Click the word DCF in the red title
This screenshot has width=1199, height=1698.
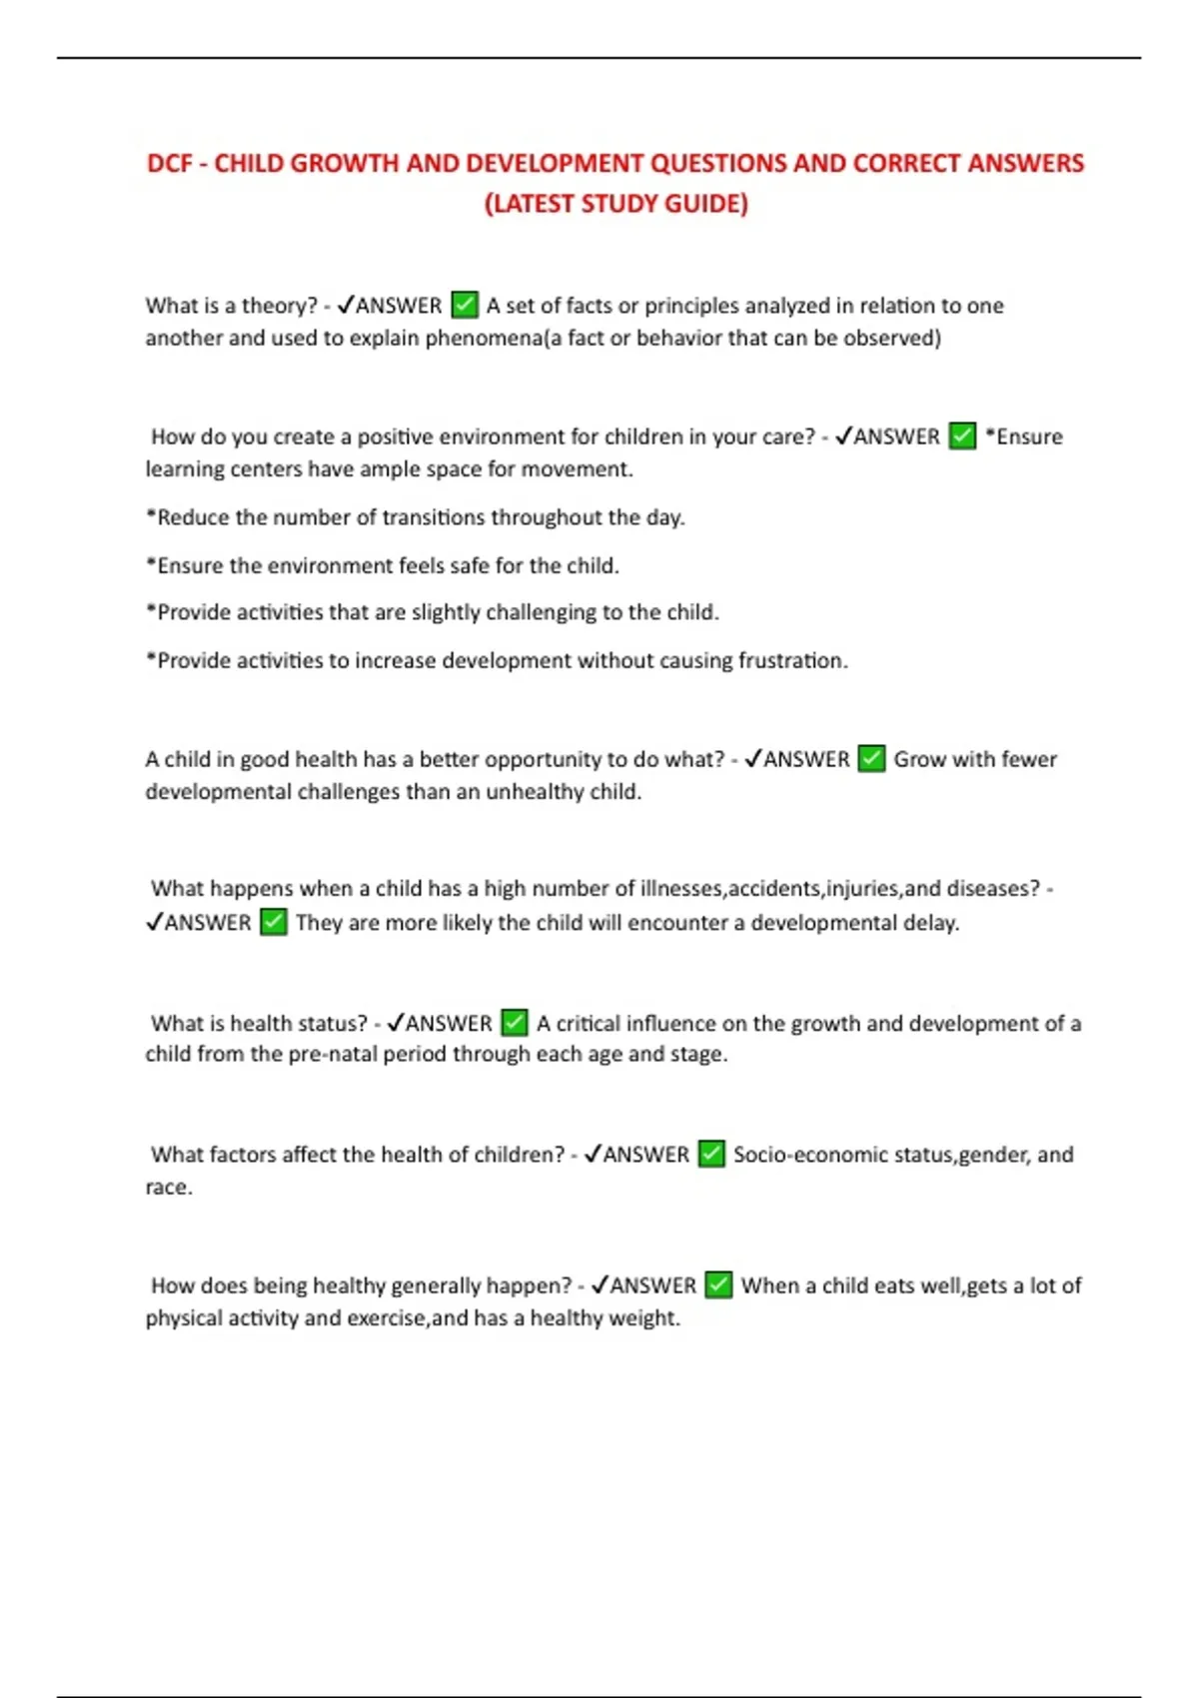[x=169, y=164]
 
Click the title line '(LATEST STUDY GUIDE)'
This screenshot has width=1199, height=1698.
[x=615, y=204]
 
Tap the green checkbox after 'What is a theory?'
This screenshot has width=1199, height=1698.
[x=465, y=305]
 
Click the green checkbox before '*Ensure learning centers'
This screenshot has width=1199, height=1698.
[x=962, y=436]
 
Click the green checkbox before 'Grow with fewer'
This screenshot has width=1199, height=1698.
[x=872, y=759]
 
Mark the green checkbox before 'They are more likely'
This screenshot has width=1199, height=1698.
[x=274, y=922]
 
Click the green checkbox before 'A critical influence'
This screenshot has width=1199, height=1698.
[x=515, y=1023]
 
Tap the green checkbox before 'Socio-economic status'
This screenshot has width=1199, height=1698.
[x=711, y=1155]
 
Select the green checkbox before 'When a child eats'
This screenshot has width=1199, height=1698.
[x=718, y=1285]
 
